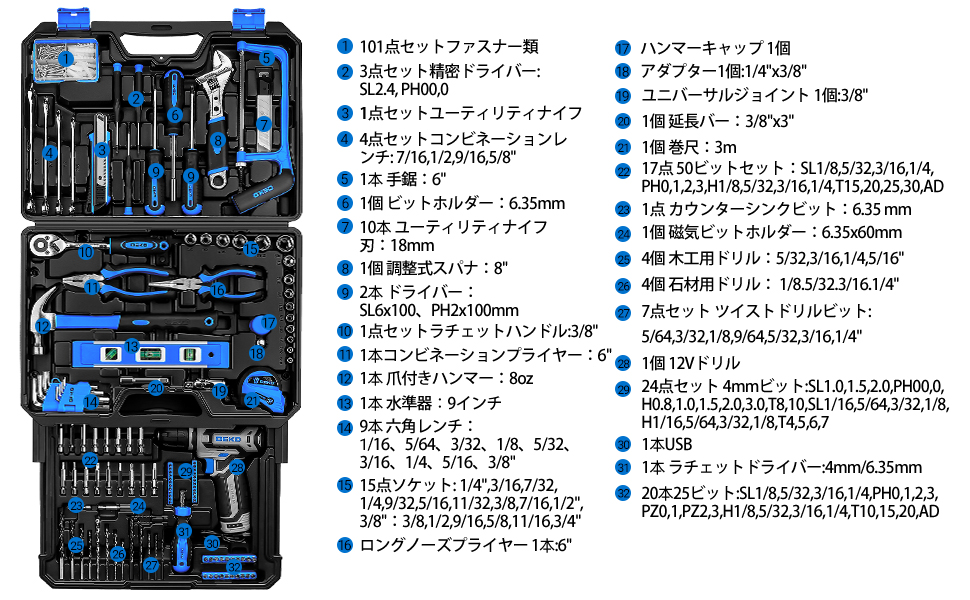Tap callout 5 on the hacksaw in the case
(x=267, y=59)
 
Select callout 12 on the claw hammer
(x=42, y=325)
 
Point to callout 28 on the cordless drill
(x=237, y=466)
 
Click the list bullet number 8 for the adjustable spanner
(x=344, y=267)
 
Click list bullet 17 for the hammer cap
(x=622, y=47)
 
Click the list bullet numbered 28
(x=622, y=363)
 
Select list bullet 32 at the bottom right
(x=622, y=492)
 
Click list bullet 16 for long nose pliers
(x=344, y=545)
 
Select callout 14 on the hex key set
(x=91, y=402)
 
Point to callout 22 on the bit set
(x=90, y=460)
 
